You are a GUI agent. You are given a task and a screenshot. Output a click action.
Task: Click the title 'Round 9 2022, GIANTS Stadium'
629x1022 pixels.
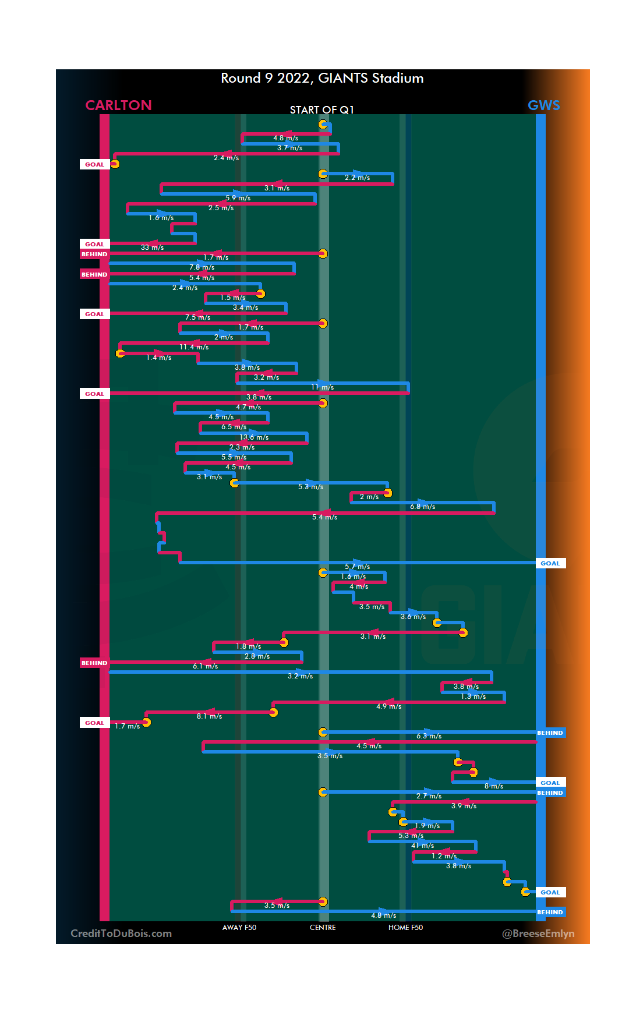(x=322, y=78)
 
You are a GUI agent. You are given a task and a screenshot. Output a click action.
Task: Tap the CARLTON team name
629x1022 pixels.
(x=118, y=105)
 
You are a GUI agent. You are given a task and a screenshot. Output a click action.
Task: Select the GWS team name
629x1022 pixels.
(x=543, y=105)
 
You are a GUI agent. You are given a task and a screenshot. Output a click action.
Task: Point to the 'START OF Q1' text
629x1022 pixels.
(x=321, y=110)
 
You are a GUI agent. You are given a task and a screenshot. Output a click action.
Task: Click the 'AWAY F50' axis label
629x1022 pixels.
(x=239, y=928)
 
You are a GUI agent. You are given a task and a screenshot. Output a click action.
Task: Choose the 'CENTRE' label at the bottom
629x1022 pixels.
(x=323, y=928)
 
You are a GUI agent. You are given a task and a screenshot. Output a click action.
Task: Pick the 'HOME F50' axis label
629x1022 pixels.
(x=405, y=928)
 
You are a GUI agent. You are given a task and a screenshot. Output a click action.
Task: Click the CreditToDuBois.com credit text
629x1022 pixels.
(x=121, y=933)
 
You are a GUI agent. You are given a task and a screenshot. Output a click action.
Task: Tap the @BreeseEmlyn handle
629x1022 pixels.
(x=538, y=933)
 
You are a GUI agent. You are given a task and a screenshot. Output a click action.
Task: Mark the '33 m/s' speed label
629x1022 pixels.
(x=152, y=247)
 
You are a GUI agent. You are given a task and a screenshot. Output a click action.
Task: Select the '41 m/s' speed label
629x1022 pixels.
(x=423, y=846)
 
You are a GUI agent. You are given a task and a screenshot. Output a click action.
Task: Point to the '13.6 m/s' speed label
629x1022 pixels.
(x=254, y=437)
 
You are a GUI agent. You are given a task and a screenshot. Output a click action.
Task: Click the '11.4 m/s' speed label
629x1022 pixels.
(x=194, y=347)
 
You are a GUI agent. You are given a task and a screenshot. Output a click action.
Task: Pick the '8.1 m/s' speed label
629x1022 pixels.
(x=209, y=716)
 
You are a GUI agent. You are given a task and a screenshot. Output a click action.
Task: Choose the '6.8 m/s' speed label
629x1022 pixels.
(x=422, y=507)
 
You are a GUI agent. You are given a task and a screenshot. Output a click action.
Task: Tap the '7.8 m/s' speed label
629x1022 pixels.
(x=202, y=267)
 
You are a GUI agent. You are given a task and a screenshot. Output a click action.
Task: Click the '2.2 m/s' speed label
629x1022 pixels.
(x=357, y=178)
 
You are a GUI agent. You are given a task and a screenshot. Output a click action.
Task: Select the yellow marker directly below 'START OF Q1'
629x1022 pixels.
(x=323, y=124)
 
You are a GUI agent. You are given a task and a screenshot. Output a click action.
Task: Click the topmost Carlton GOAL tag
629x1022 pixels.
(x=94, y=164)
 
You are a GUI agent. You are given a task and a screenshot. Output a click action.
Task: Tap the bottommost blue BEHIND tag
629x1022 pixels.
(x=550, y=913)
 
